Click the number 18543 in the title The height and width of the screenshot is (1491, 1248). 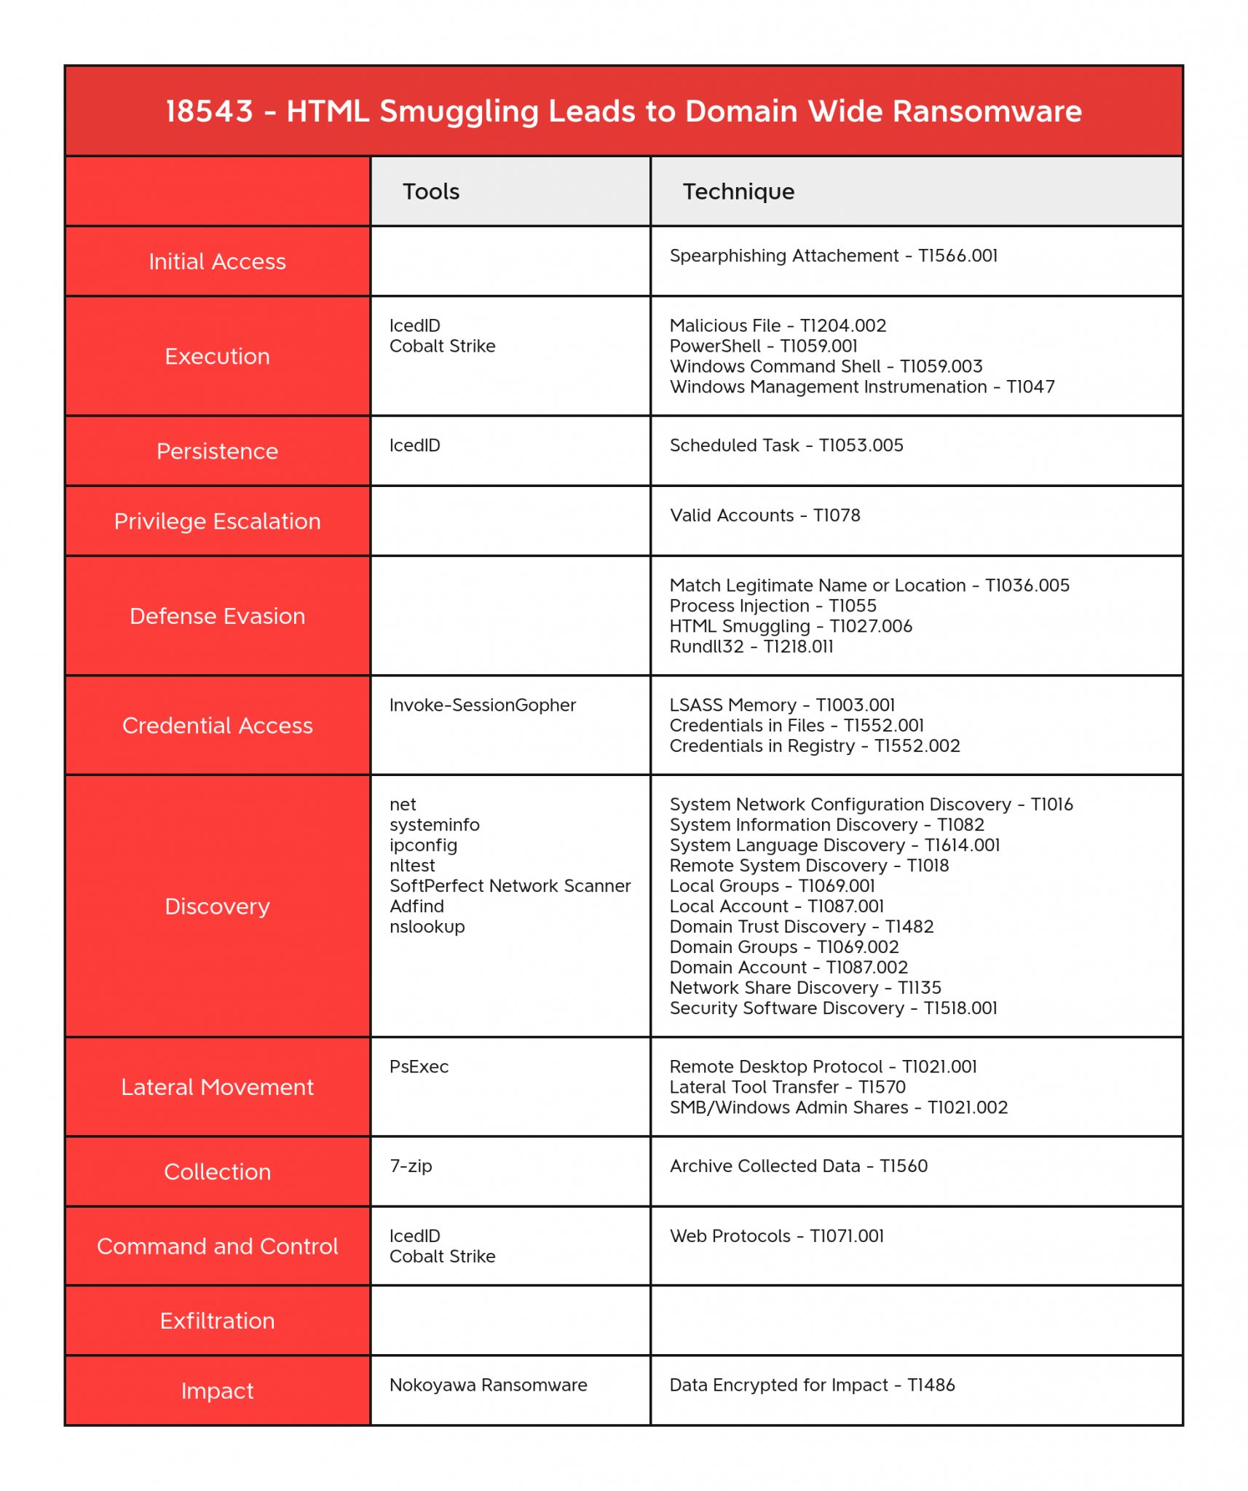[x=209, y=111]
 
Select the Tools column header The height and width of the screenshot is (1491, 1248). [x=431, y=191]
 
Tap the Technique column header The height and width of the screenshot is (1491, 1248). [x=738, y=191]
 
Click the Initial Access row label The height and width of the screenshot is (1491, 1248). [x=217, y=261]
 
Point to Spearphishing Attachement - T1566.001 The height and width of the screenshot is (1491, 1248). [x=833, y=256]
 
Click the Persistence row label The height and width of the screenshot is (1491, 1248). [x=217, y=451]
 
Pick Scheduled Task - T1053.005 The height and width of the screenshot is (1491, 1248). [x=786, y=446]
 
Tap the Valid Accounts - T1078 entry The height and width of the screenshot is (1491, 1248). [x=765, y=515]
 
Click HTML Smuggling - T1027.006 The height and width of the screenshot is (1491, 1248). [x=790, y=626]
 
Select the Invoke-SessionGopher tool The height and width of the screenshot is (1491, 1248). [x=482, y=705]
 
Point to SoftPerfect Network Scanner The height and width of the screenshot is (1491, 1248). [x=510, y=886]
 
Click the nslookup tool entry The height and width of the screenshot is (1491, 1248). [x=427, y=927]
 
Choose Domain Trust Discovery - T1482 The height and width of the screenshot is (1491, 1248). [x=801, y=927]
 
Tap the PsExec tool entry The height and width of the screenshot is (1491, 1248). [x=419, y=1067]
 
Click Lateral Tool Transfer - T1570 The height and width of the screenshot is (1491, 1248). [x=787, y=1087]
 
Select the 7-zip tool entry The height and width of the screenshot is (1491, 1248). [x=411, y=1166]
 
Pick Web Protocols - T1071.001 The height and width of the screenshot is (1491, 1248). [x=776, y=1235]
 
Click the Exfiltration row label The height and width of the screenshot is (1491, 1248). [x=217, y=1321]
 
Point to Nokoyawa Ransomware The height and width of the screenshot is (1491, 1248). [x=488, y=1385]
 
